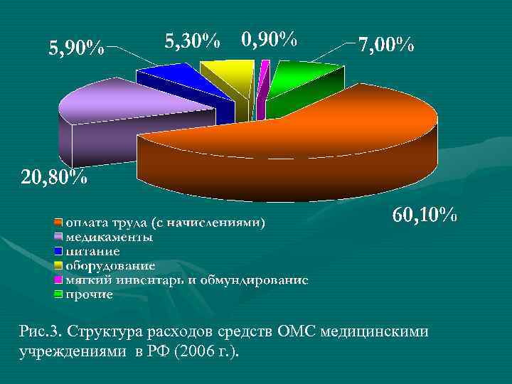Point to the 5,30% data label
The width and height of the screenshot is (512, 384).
click(x=192, y=41)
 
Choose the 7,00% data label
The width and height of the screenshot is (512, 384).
click(x=385, y=46)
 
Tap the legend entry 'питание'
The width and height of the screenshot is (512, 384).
click(x=93, y=251)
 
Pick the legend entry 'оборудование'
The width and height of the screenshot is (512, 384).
click(x=110, y=265)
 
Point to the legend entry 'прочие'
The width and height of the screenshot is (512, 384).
click(x=90, y=294)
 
